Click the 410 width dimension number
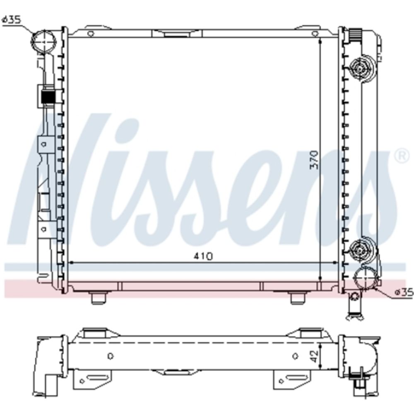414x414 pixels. (203, 256)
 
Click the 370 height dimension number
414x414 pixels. (315, 160)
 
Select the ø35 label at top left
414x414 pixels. (11, 20)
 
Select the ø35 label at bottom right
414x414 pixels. (404, 293)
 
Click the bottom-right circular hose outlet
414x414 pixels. (366, 279)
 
